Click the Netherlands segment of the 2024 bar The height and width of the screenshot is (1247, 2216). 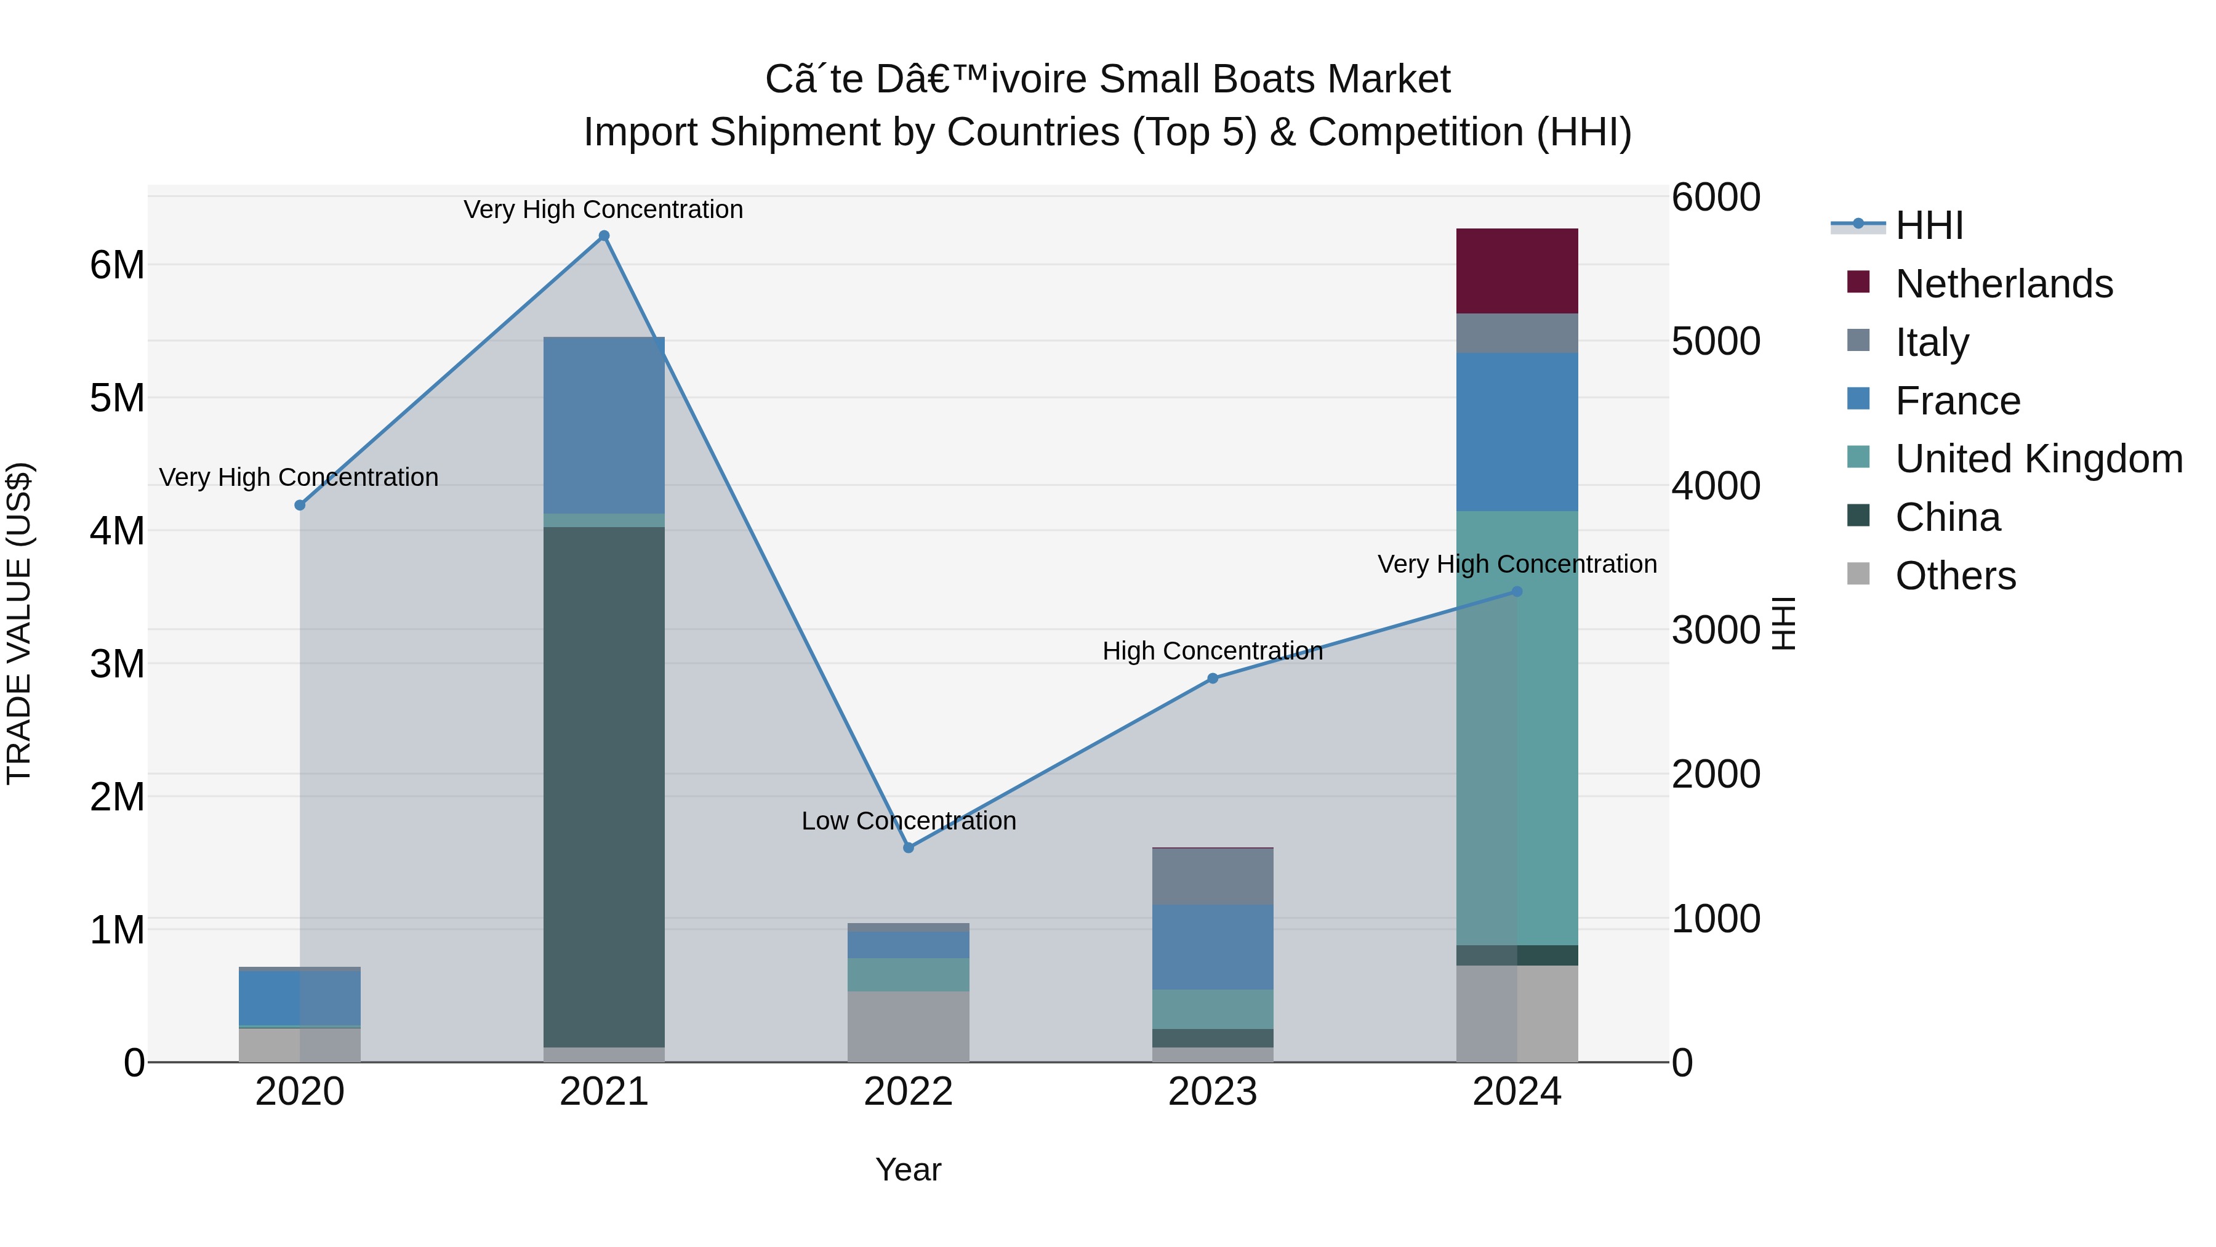(x=1517, y=270)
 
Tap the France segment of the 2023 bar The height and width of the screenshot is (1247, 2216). (x=1212, y=946)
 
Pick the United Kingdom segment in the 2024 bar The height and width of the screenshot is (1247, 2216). (x=1517, y=727)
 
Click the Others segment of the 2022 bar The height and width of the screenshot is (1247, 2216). (x=907, y=1026)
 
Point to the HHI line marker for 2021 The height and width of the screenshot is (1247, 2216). (x=604, y=236)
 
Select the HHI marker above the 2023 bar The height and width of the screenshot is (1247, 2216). (x=1212, y=678)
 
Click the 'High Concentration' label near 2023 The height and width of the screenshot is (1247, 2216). (x=1212, y=652)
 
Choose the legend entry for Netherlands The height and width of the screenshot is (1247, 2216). (x=2004, y=284)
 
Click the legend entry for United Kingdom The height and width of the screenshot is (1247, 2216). (x=2038, y=459)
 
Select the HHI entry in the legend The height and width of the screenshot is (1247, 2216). (x=1929, y=225)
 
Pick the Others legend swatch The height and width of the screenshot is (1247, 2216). (x=1858, y=574)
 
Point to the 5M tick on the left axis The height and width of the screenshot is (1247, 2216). (x=117, y=398)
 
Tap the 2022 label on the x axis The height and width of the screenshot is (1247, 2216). (x=907, y=1092)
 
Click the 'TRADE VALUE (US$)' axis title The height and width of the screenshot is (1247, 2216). (x=19, y=623)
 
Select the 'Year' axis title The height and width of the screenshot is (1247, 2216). (x=907, y=1169)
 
